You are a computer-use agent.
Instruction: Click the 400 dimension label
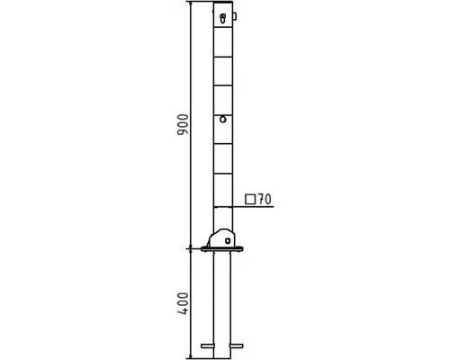coord(183,304)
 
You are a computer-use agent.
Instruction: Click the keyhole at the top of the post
coord(222,15)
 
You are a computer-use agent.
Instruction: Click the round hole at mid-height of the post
coord(222,118)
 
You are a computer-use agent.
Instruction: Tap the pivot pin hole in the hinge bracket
coord(228,240)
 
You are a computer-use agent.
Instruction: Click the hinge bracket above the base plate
coord(221,238)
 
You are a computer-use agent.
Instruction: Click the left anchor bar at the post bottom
coord(209,345)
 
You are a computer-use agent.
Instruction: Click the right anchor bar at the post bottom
coord(238,345)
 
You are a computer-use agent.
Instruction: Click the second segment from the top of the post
coord(223,70)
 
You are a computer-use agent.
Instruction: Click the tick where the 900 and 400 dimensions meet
coord(191,248)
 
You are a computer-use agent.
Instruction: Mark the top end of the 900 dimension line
coord(191,3)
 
